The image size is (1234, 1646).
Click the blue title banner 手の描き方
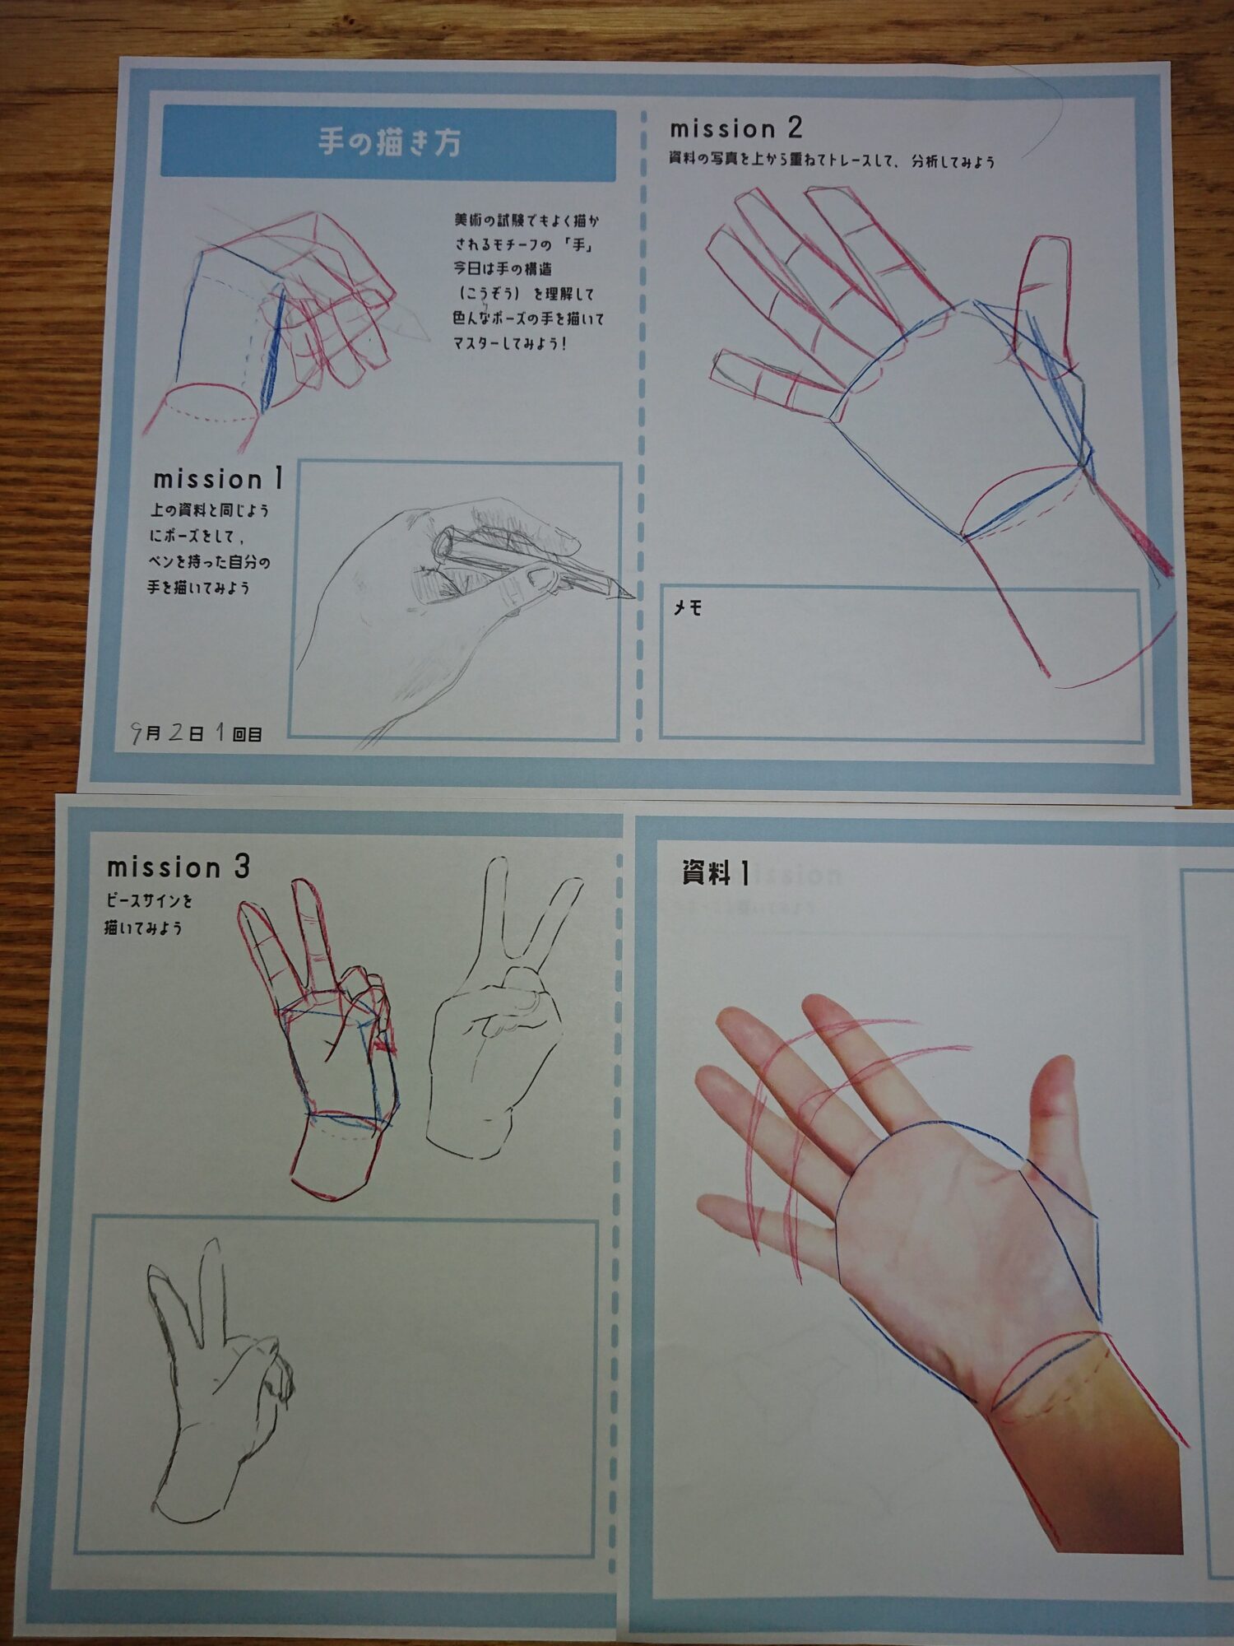[x=388, y=144]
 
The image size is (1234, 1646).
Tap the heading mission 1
[x=219, y=478]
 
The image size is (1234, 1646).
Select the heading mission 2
[x=735, y=128]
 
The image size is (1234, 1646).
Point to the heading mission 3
[x=179, y=867]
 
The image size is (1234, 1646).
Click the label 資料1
[x=716, y=873]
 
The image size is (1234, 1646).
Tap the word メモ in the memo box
[x=688, y=608]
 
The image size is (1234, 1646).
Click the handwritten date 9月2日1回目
[x=197, y=732]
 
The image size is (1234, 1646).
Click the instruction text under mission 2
[x=832, y=160]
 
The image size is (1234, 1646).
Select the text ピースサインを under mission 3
[x=149, y=901]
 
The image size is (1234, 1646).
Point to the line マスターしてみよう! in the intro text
[x=509, y=343]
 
